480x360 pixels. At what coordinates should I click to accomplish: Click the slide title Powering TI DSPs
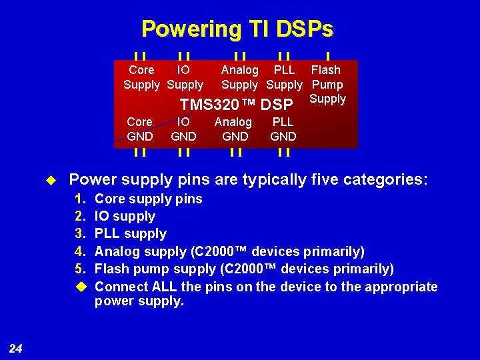[x=237, y=29]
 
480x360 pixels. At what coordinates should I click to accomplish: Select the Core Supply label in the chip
[x=141, y=77]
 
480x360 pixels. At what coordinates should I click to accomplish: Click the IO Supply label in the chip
[x=185, y=77]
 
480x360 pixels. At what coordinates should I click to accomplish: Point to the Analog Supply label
[x=239, y=77]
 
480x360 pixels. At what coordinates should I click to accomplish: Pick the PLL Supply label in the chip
[x=284, y=77]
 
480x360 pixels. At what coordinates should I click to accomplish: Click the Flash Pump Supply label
[x=327, y=83]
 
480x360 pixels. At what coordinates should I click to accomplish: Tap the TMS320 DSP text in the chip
[x=236, y=105]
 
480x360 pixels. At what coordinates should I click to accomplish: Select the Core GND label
[x=139, y=129]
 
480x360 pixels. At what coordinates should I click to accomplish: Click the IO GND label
[x=183, y=129]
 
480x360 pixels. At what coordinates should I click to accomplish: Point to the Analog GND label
[x=234, y=129]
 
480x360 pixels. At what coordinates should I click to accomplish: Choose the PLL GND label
[x=283, y=129]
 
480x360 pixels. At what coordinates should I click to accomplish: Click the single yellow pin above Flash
[x=328, y=57]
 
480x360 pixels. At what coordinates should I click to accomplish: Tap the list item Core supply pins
[x=148, y=199]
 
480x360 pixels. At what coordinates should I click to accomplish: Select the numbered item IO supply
[x=125, y=216]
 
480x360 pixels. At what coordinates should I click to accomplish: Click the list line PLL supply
[x=130, y=233]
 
